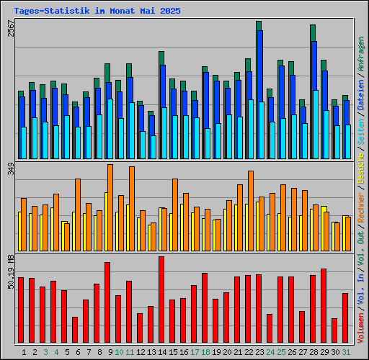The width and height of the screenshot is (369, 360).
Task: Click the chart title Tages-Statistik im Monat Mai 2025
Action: click(97, 12)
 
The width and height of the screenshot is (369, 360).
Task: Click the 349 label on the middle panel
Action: click(10, 170)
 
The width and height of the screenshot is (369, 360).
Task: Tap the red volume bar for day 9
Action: click(107, 303)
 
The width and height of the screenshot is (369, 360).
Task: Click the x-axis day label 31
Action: click(346, 352)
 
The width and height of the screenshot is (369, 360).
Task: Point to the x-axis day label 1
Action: click(25, 352)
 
